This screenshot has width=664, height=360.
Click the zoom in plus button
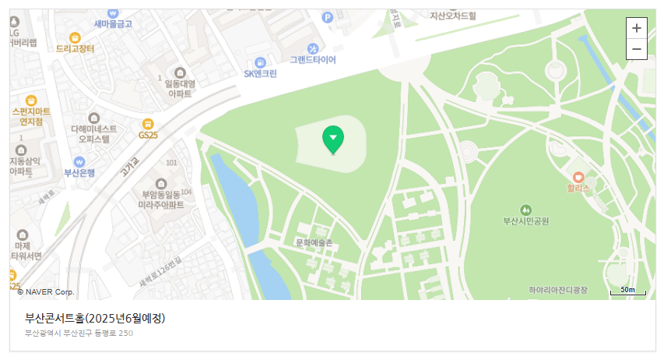tap(637, 28)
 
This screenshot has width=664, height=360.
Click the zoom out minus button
tap(637, 49)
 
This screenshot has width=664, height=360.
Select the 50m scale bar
tap(628, 291)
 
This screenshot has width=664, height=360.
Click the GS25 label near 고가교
tap(147, 135)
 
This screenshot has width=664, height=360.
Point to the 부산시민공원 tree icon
tap(526, 209)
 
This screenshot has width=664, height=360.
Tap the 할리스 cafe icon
tap(578, 177)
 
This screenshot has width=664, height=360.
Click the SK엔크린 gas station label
tap(260, 74)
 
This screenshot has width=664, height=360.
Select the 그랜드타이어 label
tap(313, 59)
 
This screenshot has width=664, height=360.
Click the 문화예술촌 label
tap(314, 243)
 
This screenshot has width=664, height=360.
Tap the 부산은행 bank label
tap(79, 172)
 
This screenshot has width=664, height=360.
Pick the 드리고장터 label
tap(76, 48)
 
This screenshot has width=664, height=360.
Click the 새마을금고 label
tap(113, 24)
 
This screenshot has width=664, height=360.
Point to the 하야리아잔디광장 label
tap(557, 290)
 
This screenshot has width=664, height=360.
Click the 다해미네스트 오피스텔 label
tap(94, 134)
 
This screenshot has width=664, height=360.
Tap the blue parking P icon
tap(328, 17)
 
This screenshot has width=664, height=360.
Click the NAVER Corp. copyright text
tap(45, 291)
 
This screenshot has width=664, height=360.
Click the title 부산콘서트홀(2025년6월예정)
tap(95, 318)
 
